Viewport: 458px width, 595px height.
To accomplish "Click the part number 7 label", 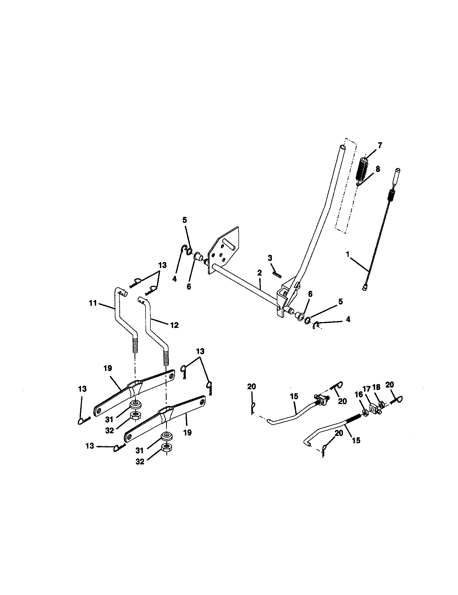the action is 380,145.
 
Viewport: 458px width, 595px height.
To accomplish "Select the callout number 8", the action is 378,169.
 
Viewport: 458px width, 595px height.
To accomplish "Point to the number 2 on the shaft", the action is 260,273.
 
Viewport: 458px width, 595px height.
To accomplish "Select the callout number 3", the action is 270,257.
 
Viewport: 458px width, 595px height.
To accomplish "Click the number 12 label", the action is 174,325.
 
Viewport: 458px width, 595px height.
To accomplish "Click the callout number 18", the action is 377,387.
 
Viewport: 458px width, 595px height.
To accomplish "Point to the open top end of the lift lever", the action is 344,147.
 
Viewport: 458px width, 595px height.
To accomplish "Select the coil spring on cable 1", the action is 390,195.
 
